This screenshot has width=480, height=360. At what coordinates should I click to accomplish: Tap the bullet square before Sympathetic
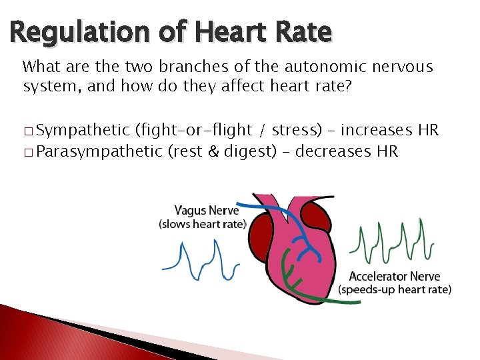point(27,131)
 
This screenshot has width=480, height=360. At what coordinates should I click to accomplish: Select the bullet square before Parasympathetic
point(27,152)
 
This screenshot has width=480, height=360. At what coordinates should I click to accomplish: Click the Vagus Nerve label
point(202,211)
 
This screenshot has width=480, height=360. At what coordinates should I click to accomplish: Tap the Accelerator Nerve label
point(395,277)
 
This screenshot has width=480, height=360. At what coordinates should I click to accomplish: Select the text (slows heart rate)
point(202,224)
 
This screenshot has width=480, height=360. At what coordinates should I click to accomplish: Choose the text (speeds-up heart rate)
point(395,289)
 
